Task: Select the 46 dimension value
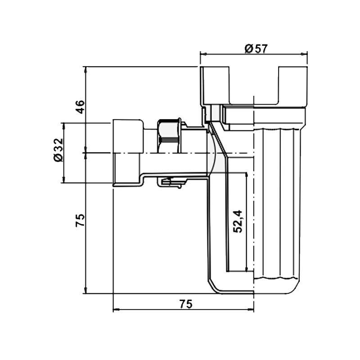[x=80, y=107]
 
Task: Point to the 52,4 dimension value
[x=238, y=221]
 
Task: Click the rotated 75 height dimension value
[x=80, y=220]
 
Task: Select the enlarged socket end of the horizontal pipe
[x=127, y=153]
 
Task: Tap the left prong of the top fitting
[x=215, y=85]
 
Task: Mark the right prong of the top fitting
[x=293, y=85]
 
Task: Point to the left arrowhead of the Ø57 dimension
[x=202, y=54]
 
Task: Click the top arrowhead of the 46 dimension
[x=85, y=69]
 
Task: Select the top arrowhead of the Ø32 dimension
[x=64, y=125]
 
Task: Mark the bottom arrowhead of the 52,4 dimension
[x=247, y=269]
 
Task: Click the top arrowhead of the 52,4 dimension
[x=247, y=175]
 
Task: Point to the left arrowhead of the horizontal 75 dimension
[x=116, y=310]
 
